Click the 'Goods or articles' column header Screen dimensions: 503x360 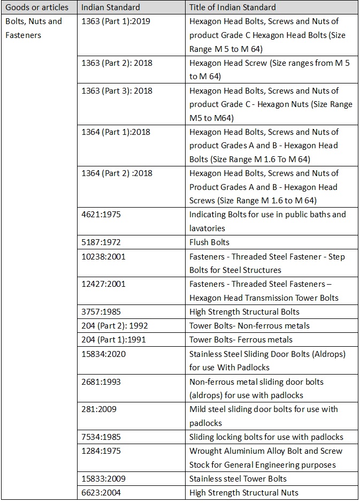(37, 7)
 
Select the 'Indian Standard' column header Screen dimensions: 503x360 (111, 7)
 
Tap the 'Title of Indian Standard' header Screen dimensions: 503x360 (233, 7)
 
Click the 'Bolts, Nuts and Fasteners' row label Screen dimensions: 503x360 (33, 28)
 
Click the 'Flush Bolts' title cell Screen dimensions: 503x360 (209, 242)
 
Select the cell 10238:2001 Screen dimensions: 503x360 (104, 256)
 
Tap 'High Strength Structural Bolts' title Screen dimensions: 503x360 (244, 311)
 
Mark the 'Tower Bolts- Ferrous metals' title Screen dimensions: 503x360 (241, 339)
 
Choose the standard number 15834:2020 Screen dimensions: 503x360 (104, 354)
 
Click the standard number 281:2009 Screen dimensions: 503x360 (98, 409)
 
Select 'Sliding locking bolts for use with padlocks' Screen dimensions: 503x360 (266, 437)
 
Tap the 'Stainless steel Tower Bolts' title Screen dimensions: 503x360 (238, 478)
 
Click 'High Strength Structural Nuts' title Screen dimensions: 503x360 (243, 492)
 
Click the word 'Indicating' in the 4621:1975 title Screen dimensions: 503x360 (208, 215)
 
